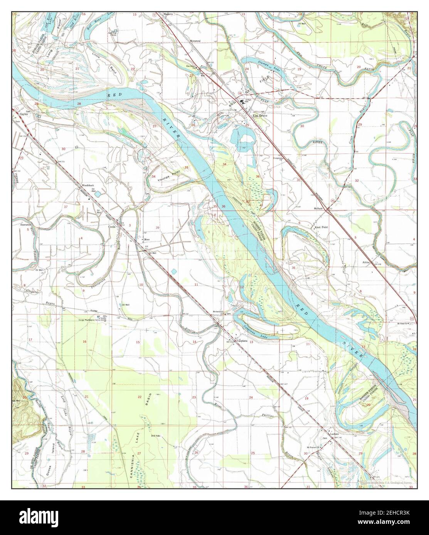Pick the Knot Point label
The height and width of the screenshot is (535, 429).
click(x=321, y=227)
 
